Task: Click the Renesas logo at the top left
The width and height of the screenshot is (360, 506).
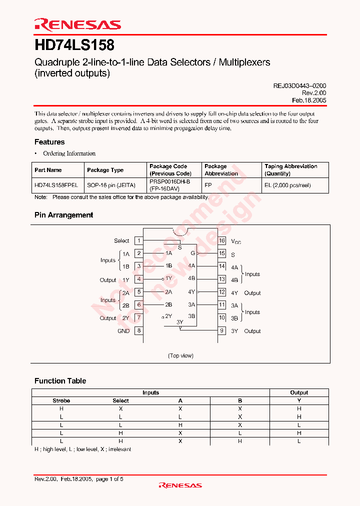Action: click(77, 24)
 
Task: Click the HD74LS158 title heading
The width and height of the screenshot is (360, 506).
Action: click(74, 45)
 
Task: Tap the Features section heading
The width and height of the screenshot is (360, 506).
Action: click(49, 142)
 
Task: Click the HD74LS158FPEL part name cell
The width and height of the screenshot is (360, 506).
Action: click(56, 185)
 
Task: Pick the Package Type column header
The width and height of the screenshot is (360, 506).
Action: click(105, 170)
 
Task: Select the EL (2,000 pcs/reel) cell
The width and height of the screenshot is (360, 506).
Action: click(287, 185)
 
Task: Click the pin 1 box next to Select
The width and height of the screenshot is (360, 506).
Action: click(139, 241)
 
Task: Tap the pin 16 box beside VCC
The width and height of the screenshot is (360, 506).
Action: click(222, 241)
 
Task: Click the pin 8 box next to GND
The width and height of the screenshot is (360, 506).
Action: click(139, 330)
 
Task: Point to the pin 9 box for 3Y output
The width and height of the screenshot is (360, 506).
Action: click(222, 330)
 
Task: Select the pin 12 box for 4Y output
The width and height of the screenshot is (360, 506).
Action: click(222, 292)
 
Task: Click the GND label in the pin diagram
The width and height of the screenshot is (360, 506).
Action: click(123, 331)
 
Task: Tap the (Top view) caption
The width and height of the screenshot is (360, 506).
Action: click(180, 355)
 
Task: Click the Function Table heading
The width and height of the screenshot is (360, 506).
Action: click(60, 381)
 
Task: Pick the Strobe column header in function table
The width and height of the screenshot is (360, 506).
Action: click(61, 400)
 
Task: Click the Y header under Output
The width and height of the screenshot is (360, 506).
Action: click(299, 400)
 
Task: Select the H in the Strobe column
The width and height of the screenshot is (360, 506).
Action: click(61, 408)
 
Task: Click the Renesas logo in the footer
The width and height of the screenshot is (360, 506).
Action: click(180, 485)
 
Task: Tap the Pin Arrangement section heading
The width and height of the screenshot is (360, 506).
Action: click(63, 215)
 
